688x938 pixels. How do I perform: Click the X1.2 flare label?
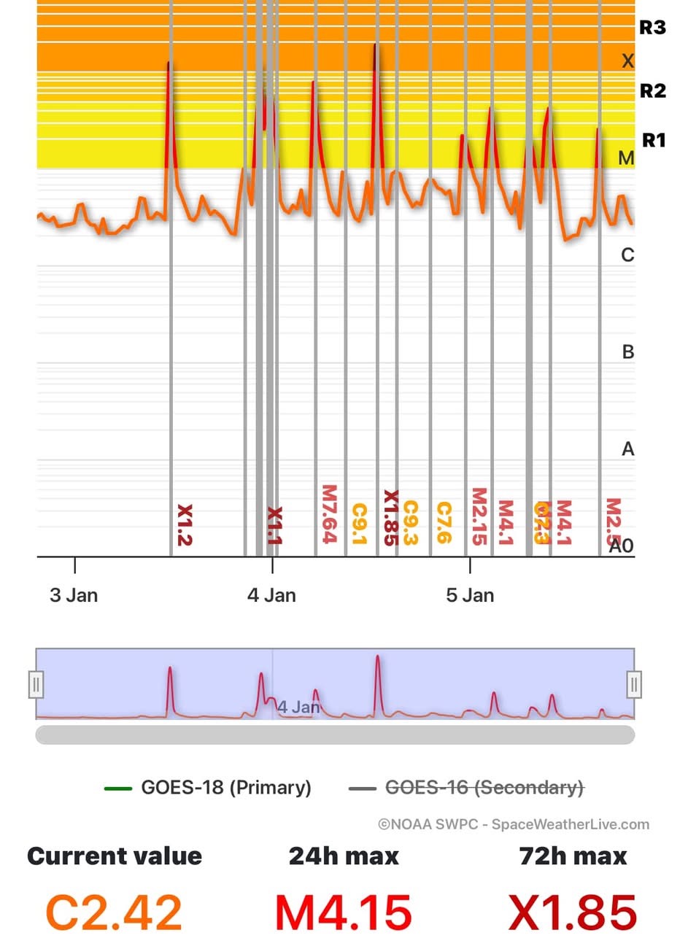pos(185,525)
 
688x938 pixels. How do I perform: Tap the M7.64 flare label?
pos(328,514)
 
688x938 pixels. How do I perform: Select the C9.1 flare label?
pos(359,524)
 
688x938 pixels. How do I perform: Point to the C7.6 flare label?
pos(443,523)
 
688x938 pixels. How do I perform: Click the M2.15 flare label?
pos(479,516)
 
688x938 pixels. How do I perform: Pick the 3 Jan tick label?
pos(74,595)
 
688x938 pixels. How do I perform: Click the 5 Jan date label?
pos(470,595)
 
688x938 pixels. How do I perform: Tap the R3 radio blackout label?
pos(652,28)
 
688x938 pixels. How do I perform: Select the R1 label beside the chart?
pos(653,139)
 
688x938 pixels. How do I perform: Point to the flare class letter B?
pos(627,352)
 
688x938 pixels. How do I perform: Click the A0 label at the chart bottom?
pos(621,545)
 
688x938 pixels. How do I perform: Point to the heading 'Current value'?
pos(115,856)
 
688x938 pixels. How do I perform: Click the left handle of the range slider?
pos(36,685)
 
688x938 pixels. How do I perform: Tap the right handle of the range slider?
pos(634,685)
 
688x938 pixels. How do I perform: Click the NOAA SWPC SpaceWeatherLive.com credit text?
pos(513,824)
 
